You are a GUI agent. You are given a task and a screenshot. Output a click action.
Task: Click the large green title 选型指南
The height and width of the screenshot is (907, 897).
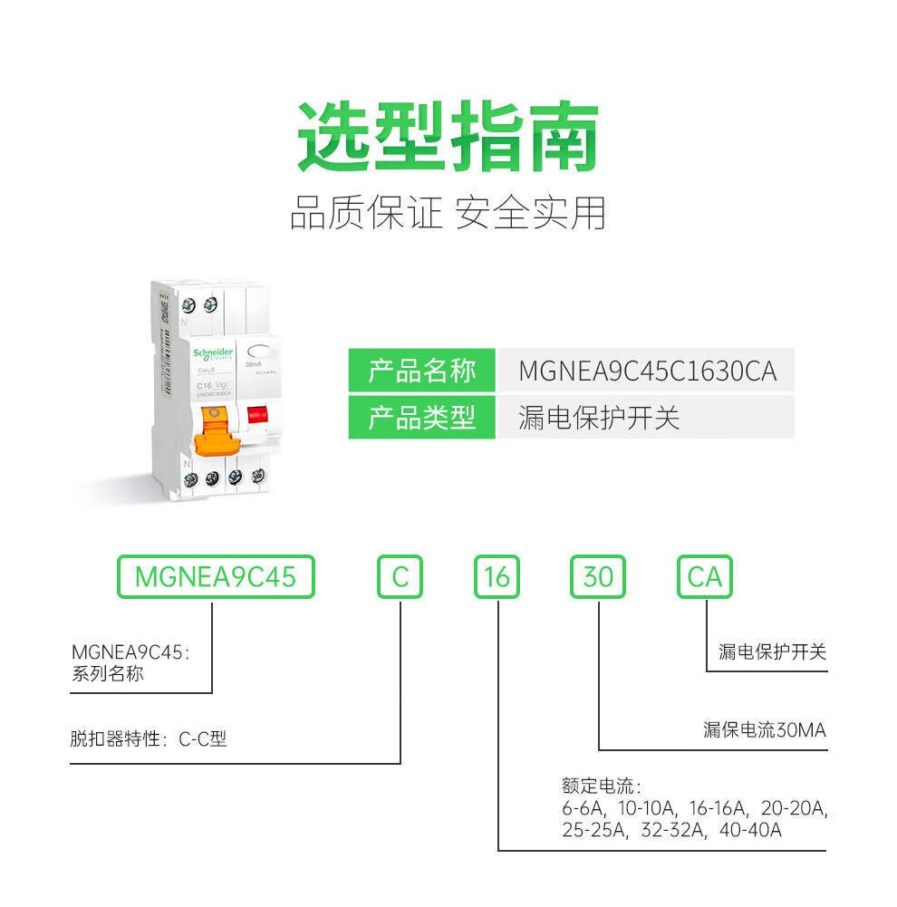point(448,138)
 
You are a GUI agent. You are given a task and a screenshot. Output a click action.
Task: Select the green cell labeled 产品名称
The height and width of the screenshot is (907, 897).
point(421,371)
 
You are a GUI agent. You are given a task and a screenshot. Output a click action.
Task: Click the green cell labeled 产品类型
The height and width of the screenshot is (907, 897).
point(421,418)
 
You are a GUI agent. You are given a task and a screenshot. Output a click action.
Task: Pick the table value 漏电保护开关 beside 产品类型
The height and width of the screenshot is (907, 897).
point(599,418)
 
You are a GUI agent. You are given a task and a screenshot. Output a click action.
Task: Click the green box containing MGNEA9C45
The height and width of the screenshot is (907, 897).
point(216,576)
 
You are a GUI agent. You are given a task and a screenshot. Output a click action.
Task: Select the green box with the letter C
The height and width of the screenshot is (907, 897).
point(400,576)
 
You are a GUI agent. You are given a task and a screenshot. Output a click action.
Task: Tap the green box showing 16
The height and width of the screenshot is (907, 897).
point(497,576)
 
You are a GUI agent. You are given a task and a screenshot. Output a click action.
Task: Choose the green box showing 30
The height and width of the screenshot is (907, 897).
point(598,576)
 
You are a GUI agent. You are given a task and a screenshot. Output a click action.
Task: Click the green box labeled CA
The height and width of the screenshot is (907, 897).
point(705,576)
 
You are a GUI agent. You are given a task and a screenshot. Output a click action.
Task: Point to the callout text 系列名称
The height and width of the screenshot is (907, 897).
point(107,674)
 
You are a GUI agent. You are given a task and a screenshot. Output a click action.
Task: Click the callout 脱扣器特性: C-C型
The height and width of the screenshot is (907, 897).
point(149,738)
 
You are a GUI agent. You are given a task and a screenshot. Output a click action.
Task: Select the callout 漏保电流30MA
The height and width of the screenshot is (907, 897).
point(765,730)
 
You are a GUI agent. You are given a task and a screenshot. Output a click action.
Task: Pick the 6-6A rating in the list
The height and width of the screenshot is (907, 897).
point(584,807)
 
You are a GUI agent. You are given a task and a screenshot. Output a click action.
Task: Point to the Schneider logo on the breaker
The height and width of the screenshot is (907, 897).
point(213,353)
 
